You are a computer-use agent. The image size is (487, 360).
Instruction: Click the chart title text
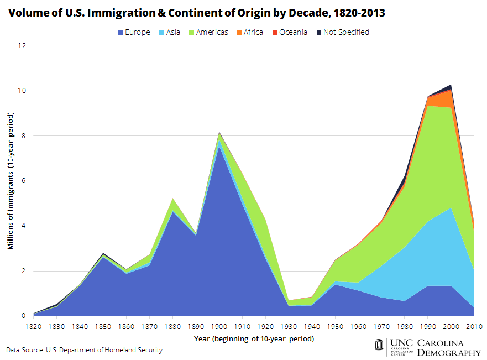(x=196, y=13)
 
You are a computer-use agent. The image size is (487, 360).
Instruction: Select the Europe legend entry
(x=134, y=32)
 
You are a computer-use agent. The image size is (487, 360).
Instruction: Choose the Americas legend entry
(x=209, y=32)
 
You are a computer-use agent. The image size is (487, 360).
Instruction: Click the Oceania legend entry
(x=289, y=32)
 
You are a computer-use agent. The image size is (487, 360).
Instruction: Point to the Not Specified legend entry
(x=342, y=32)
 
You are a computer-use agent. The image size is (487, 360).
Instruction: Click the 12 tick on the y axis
(x=23, y=46)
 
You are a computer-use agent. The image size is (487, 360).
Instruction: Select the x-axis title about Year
(x=254, y=338)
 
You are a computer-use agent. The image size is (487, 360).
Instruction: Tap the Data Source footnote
(x=84, y=350)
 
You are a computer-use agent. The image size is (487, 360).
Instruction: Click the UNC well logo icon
(x=379, y=345)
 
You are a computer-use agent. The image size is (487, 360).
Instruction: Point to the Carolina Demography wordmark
(x=448, y=347)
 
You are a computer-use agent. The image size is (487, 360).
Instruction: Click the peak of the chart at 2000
(x=452, y=85)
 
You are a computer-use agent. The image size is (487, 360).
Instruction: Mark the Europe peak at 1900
(x=220, y=144)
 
